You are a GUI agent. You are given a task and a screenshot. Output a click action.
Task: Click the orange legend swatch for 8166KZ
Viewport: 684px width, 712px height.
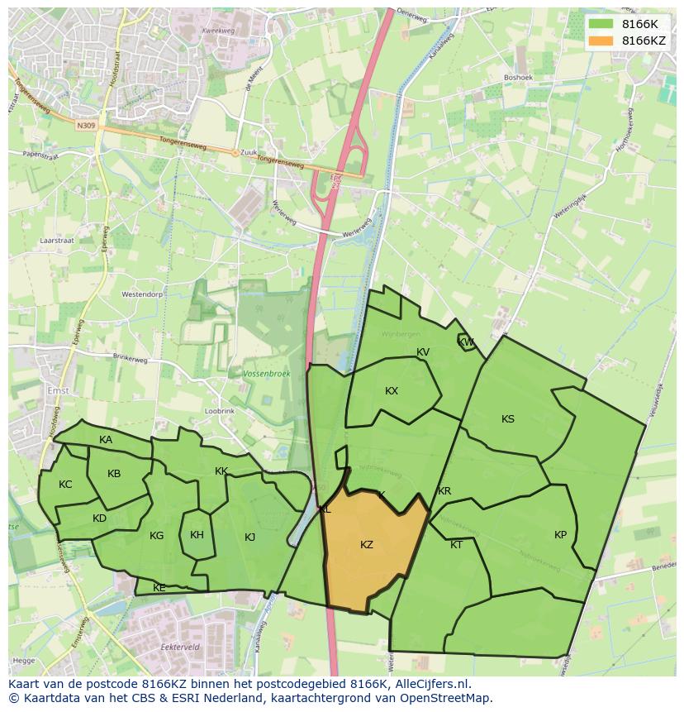pyautogui.click(x=601, y=41)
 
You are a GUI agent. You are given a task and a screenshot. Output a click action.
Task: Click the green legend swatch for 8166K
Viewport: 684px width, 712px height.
pyautogui.click(x=601, y=24)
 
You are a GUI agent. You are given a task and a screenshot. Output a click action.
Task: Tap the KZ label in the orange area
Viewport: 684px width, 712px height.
pyautogui.click(x=367, y=545)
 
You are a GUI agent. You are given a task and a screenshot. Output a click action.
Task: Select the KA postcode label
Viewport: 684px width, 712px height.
pyautogui.click(x=106, y=440)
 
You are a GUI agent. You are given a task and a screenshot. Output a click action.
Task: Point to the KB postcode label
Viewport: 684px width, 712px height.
pyautogui.click(x=114, y=474)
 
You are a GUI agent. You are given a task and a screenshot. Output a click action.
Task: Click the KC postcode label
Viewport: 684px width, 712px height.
pyautogui.click(x=65, y=485)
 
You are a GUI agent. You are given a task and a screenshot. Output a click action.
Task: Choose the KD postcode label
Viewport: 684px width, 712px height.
pyautogui.click(x=99, y=518)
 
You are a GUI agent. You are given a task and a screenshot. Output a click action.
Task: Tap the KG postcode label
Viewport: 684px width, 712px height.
pyautogui.click(x=156, y=536)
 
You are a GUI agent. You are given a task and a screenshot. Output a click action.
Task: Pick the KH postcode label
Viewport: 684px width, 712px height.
pyautogui.click(x=197, y=535)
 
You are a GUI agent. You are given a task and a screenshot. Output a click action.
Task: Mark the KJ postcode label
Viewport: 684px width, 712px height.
pyautogui.click(x=249, y=538)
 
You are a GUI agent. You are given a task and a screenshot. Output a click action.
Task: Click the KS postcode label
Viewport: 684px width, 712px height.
pyautogui.click(x=508, y=419)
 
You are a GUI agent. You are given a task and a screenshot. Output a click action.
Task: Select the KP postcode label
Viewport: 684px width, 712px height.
pyautogui.click(x=561, y=535)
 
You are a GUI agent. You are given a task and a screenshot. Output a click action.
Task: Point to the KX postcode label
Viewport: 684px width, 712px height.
pyautogui.click(x=392, y=391)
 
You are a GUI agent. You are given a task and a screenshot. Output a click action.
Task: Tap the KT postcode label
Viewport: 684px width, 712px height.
pyautogui.click(x=457, y=545)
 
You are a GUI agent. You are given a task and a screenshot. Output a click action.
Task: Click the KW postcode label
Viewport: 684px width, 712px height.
pyautogui.click(x=466, y=342)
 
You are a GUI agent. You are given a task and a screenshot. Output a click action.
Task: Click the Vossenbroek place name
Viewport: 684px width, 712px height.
pyautogui.click(x=267, y=374)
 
